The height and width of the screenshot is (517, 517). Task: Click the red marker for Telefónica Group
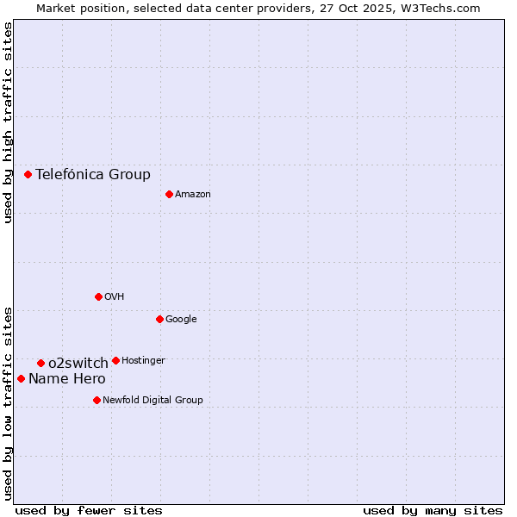[28, 174]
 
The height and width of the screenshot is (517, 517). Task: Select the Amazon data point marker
[169, 194]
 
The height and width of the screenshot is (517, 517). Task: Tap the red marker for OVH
[98, 296]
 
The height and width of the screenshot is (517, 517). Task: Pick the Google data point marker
[159, 319]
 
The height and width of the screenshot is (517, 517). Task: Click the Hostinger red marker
[115, 360]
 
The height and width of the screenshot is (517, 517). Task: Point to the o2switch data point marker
[40, 363]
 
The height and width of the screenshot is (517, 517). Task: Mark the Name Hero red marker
[21, 378]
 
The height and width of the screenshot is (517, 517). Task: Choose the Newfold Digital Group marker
[97, 400]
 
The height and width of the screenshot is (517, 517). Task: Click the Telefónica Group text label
[93, 174]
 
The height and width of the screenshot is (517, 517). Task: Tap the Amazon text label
[193, 195]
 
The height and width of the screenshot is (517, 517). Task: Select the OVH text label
[115, 297]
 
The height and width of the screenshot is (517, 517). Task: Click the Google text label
[181, 320]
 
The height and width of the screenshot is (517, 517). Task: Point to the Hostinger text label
[143, 360]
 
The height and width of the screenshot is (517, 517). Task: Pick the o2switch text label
[78, 363]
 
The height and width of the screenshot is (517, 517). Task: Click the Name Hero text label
[67, 378]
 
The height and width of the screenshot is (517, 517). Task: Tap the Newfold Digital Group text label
[153, 400]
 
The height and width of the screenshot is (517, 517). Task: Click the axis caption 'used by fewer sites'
[89, 510]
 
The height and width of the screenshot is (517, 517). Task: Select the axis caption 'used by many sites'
[433, 510]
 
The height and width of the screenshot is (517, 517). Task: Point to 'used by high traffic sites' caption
[8, 122]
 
